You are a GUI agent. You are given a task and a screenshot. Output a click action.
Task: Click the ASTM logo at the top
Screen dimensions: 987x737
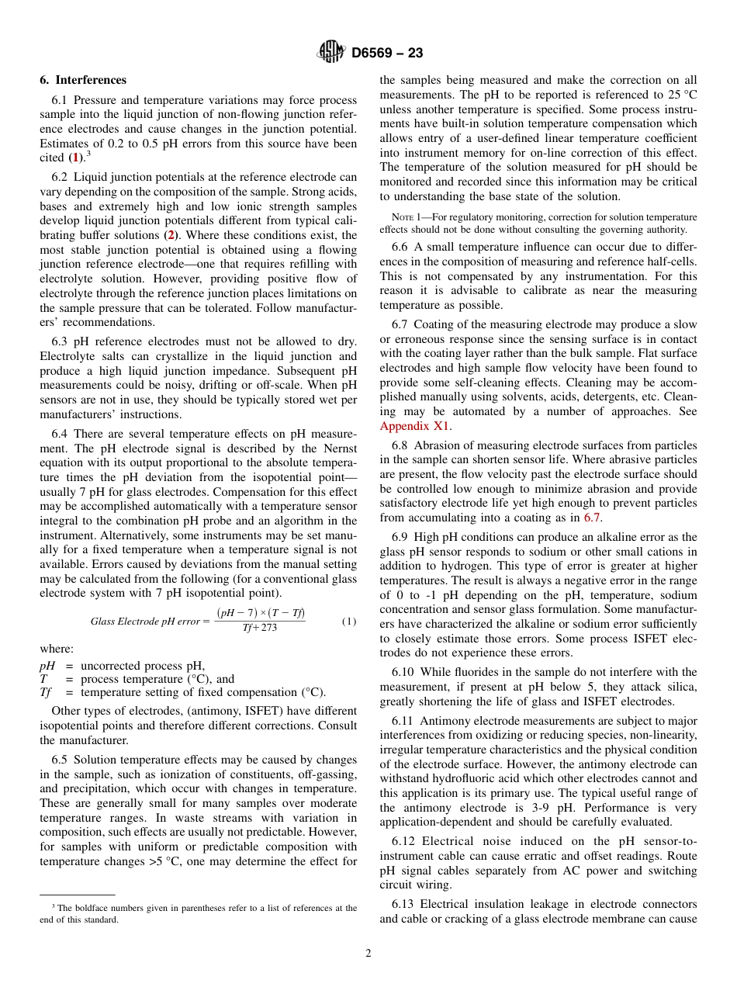(x=331, y=53)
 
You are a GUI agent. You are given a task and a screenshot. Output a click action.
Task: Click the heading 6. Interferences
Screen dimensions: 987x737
(x=83, y=80)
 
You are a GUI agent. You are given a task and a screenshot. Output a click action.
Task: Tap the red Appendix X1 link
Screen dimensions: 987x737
(x=415, y=426)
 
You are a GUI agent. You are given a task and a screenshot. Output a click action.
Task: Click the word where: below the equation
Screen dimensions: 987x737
(x=57, y=649)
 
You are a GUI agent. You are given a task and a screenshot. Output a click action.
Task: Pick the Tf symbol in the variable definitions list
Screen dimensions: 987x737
(x=46, y=692)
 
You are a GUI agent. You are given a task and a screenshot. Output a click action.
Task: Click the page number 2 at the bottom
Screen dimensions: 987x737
(x=368, y=954)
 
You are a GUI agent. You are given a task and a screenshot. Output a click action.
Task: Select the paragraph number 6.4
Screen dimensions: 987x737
(x=61, y=435)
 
